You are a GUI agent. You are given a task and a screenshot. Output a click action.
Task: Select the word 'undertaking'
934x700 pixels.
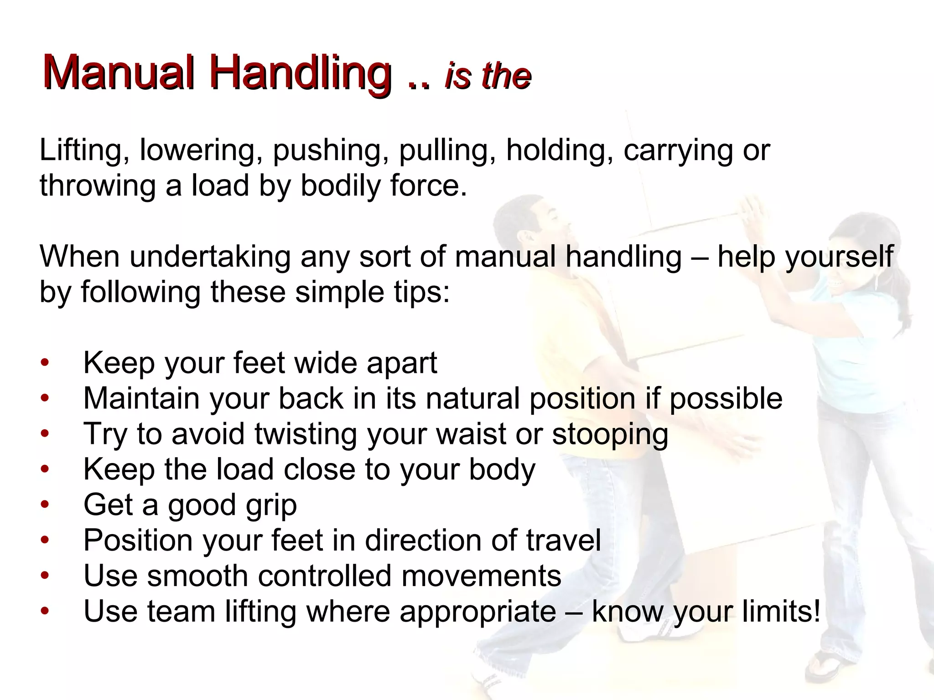(210, 257)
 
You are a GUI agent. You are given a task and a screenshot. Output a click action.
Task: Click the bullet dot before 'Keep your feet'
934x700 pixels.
(44, 363)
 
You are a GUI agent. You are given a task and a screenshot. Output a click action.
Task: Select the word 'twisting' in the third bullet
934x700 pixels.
(306, 434)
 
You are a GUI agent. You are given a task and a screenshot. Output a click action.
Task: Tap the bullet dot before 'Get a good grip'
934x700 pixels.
(44, 505)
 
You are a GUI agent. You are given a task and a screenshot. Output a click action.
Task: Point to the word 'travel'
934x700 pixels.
(564, 540)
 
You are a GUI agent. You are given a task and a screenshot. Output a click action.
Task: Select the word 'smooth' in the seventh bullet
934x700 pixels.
(197, 576)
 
